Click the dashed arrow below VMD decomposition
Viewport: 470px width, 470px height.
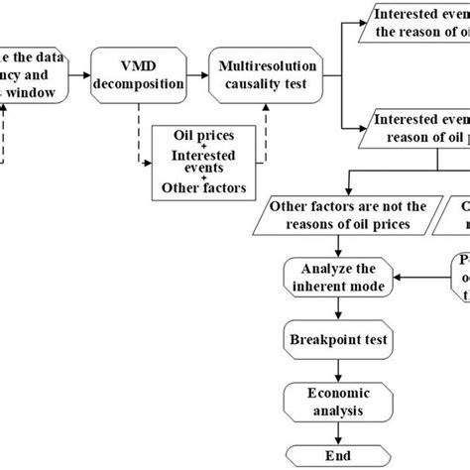139,124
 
